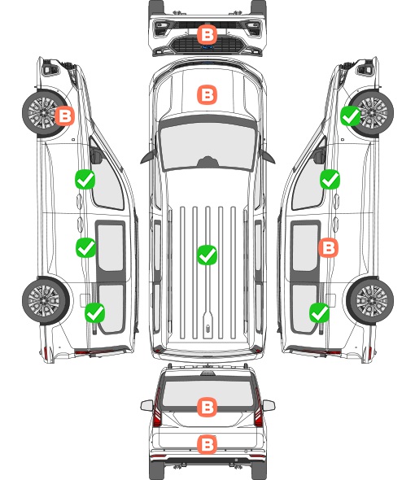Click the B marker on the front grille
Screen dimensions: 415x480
207,35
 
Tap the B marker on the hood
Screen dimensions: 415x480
207,94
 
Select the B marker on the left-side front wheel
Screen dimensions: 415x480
64,116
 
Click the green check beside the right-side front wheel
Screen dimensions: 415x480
351,116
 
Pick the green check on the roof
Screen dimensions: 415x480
207,255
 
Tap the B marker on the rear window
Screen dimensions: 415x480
207,407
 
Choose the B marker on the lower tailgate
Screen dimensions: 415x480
207,444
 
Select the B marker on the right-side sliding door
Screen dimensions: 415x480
328,247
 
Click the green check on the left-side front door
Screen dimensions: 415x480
85,179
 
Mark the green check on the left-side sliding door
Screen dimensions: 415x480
85,247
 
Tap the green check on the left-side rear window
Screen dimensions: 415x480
95,312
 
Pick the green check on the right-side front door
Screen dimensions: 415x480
330,179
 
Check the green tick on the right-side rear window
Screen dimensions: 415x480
320,312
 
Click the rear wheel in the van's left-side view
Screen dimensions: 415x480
46,301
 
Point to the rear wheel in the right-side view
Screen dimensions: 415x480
370,301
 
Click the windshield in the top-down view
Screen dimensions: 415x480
207,144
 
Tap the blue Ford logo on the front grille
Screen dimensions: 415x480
207,47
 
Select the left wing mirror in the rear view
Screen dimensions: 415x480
147,406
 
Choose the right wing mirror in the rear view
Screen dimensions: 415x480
269,406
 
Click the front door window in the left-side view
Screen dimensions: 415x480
107,181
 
